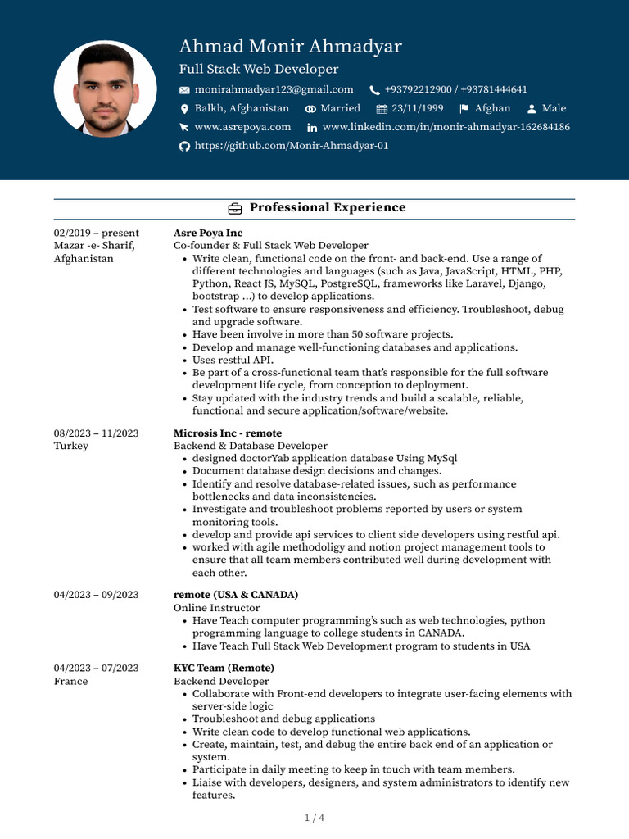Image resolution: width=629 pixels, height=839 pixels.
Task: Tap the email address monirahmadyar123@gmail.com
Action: (x=274, y=89)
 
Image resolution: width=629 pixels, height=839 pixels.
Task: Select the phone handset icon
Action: (x=375, y=90)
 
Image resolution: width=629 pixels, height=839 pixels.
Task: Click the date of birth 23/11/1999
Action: (x=417, y=108)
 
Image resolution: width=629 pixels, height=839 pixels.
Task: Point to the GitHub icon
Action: (x=184, y=146)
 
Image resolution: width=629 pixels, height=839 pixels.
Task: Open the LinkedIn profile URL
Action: (x=446, y=127)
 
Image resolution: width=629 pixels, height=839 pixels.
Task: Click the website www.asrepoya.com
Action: (x=242, y=127)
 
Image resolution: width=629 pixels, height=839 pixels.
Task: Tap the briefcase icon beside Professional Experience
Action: (x=234, y=208)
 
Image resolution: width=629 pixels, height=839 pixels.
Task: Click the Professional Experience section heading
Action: (x=327, y=208)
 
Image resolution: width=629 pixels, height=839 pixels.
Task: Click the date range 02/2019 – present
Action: (x=96, y=233)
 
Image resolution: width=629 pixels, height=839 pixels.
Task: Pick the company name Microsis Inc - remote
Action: (x=227, y=433)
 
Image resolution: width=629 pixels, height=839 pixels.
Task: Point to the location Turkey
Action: (x=70, y=446)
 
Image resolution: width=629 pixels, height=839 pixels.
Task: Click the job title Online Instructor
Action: (x=216, y=608)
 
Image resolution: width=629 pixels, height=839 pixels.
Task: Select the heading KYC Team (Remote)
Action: (x=224, y=668)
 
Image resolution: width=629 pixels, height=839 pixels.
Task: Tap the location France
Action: (x=70, y=681)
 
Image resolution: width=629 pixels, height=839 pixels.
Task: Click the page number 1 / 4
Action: (x=314, y=818)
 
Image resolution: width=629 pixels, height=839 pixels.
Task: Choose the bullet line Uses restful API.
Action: (x=233, y=360)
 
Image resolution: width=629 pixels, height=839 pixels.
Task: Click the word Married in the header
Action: (x=340, y=108)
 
